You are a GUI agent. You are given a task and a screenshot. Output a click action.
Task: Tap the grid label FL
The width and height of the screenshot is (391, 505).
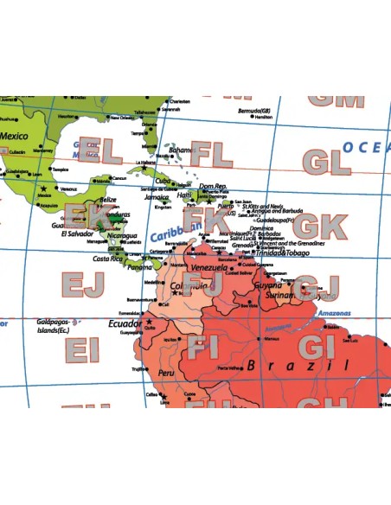click(212, 155)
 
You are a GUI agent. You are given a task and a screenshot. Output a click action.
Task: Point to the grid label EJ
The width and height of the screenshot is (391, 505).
click(82, 284)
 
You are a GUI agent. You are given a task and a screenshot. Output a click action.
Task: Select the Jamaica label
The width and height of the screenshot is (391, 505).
click(163, 199)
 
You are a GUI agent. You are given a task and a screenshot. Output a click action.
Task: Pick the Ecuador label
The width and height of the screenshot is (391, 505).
click(125, 323)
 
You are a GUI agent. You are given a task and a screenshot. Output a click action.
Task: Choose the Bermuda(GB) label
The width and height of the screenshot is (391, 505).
click(255, 111)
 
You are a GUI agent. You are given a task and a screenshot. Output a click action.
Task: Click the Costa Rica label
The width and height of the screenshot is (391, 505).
click(108, 259)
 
